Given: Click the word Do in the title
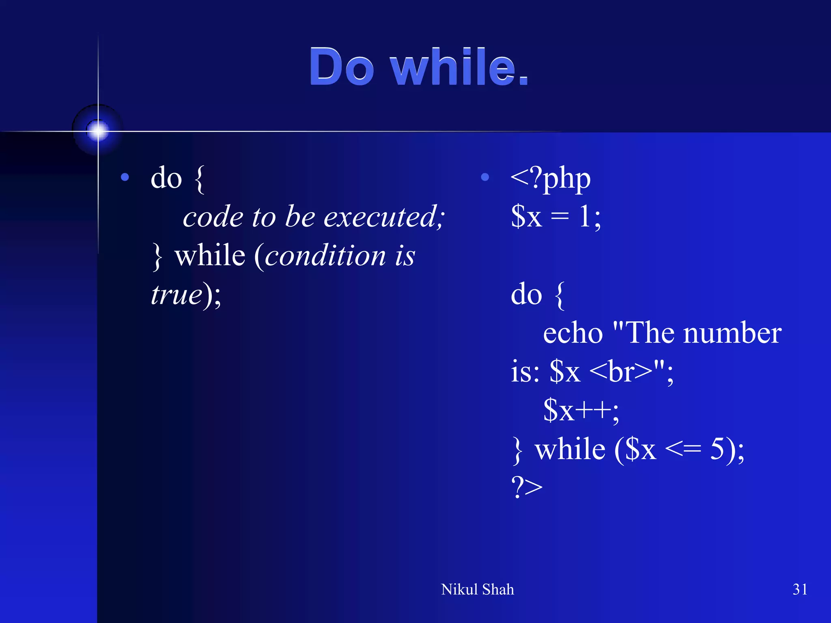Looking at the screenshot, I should pyautogui.click(x=341, y=67).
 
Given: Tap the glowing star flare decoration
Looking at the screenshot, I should pyautogui.click(x=98, y=131).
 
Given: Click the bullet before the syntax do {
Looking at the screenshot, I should pyautogui.click(x=125, y=177).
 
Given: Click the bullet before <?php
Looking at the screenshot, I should pyautogui.click(x=484, y=177).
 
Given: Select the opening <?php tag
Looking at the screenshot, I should pyautogui.click(x=550, y=178).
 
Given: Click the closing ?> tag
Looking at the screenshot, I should pyautogui.click(x=527, y=487).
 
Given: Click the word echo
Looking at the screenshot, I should pyautogui.click(x=573, y=333).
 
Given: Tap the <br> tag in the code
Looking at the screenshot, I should pyautogui.click(x=620, y=372).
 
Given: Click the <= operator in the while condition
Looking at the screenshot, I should pyautogui.click(x=683, y=449).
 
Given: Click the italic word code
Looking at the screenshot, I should pyautogui.click(x=213, y=217).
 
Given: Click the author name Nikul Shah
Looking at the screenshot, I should pyautogui.click(x=477, y=589).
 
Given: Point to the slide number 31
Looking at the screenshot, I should pyautogui.click(x=799, y=589).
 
